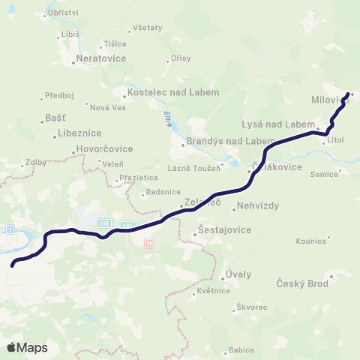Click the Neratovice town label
pyautogui.click(x=103, y=56)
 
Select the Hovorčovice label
pyautogui.click(x=106, y=148)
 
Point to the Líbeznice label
pyautogui.click(x=79, y=133)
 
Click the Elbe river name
pyautogui.click(x=167, y=118)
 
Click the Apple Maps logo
pyautogui.click(x=27, y=347)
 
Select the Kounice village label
pyautogui.click(x=310, y=241)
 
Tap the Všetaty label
pyautogui.click(x=147, y=28)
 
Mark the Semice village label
pyautogui.click(x=324, y=173)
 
